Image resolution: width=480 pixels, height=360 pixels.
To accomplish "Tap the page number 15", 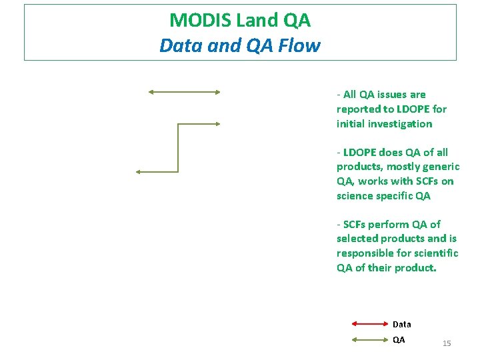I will coord(447,343).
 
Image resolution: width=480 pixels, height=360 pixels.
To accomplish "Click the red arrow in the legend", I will coord(370,324).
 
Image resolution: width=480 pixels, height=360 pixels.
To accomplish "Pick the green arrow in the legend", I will coord(370,339).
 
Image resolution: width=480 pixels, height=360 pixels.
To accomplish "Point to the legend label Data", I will coord(402,325).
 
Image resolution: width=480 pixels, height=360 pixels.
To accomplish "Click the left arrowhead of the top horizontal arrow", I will coord(151,92).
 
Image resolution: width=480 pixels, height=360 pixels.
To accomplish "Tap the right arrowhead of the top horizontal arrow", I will coord(217,92).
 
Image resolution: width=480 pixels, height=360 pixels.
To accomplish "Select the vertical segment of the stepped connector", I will coord(178,147).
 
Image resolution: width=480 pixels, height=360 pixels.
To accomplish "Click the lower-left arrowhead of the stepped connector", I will coord(139,172).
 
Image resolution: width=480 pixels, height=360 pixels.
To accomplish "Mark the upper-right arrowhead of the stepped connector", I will coord(217,123).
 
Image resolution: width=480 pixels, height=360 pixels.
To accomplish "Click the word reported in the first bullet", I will coord(358,109).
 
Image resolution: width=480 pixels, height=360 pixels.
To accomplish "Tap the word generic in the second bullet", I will coord(440,167).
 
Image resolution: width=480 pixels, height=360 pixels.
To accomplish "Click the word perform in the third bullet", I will coord(391,225).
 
